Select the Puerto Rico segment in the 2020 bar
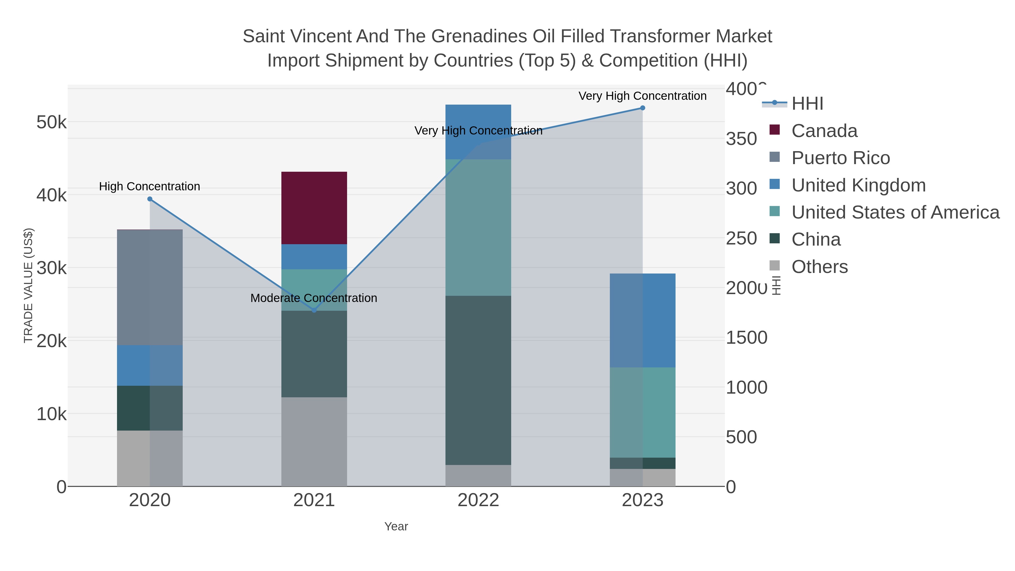pos(150,287)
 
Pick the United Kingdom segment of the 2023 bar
pos(642,320)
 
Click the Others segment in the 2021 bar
pos(314,441)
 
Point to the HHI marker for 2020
pos(150,199)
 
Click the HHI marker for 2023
pos(642,108)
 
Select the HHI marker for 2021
pos(314,310)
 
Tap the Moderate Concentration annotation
pos(314,298)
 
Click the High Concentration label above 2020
pos(149,186)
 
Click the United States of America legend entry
pos(895,212)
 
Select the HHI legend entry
pos(807,104)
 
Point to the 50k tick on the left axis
pos(52,122)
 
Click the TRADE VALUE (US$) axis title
pos(28,285)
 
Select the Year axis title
pos(396,526)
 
